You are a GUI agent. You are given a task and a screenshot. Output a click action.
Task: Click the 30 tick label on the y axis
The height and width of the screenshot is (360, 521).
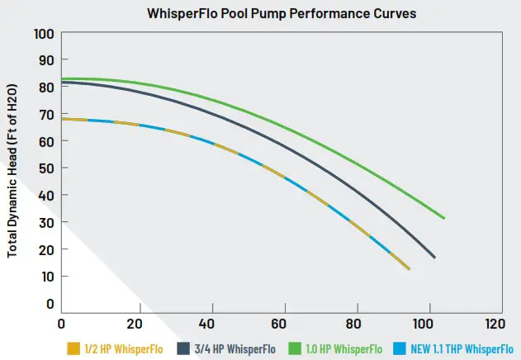pos(45,223)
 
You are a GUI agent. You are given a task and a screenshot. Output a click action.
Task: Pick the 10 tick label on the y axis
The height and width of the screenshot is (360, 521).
pos(45,277)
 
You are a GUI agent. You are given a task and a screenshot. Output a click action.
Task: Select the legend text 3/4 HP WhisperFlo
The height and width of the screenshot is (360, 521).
pos(233,348)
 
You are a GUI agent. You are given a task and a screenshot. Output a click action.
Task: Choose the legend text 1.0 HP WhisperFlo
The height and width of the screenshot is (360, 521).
pos(347,348)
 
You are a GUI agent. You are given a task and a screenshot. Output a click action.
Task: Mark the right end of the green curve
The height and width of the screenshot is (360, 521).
pos(444,218)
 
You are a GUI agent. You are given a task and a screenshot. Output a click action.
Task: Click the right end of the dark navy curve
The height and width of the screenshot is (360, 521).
pos(434,258)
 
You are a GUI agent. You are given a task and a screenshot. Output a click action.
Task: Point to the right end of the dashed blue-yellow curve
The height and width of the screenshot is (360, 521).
pos(409,269)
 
